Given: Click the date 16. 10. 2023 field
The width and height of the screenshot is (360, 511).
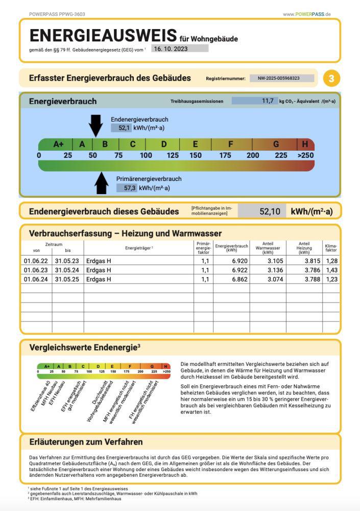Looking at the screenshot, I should coord(180,49).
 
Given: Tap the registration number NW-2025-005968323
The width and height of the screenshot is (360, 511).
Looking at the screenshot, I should coord(282,79).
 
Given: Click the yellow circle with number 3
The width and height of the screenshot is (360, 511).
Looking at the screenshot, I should coord(331,79).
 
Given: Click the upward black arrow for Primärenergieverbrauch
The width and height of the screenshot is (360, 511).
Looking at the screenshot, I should coord(102,183).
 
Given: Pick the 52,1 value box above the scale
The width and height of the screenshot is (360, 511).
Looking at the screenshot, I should coord(122,128).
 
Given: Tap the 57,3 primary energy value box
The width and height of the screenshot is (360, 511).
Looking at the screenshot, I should coord(127,188).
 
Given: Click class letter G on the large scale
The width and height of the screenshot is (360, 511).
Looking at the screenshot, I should coord(276,144).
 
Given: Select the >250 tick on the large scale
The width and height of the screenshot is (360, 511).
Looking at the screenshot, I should coord(305,155).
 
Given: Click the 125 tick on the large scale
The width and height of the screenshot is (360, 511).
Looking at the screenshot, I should coord(173,155).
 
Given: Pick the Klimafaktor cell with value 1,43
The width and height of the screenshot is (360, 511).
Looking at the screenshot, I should coord(331,270).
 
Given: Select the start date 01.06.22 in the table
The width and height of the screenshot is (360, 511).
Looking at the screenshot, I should coord(36,261).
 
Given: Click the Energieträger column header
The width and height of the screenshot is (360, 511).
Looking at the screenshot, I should coord(139,248).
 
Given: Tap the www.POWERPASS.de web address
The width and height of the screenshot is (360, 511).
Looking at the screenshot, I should coord(307,14).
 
